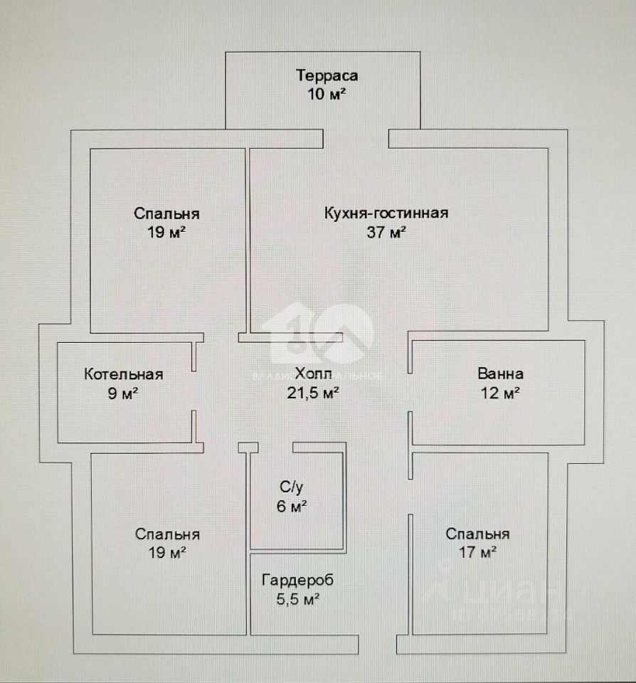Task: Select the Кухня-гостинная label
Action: click(386, 213)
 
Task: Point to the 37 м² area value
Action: click(386, 231)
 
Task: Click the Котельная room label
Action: click(124, 374)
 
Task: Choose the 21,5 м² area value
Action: click(313, 392)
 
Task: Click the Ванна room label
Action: click(501, 374)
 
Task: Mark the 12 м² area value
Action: click(501, 392)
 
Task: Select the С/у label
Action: click(292, 488)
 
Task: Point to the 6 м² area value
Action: click(292, 506)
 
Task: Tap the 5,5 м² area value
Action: click(297, 599)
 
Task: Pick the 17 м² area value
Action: click(478, 552)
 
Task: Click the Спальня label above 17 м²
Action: click(478, 534)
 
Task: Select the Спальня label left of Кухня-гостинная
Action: click(166, 213)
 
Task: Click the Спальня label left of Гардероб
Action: click(167, 534)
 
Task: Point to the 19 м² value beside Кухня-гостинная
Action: click(166, 231)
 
